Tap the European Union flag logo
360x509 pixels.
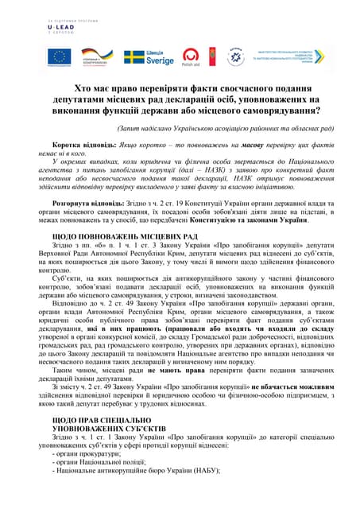(59, 56)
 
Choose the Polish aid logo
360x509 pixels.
(190, 56)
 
